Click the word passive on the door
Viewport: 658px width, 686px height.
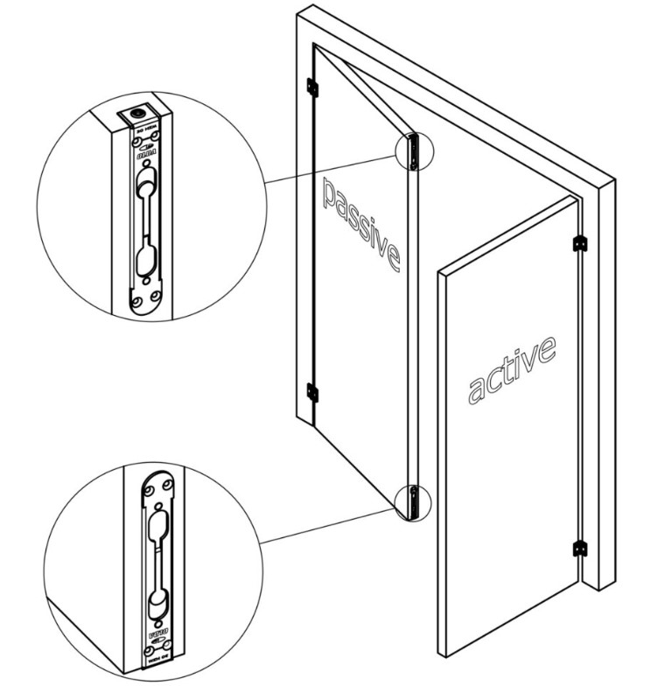(x=361, y=224)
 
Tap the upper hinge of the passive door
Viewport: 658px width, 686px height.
(x=311, y=87)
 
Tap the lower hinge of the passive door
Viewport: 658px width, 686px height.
(x=311, y=391)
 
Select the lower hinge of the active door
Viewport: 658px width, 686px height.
(x=577, y=548)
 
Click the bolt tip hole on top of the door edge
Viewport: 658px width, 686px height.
(x=138, y=114)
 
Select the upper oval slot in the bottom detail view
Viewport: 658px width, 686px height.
(x=159, y=528)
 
